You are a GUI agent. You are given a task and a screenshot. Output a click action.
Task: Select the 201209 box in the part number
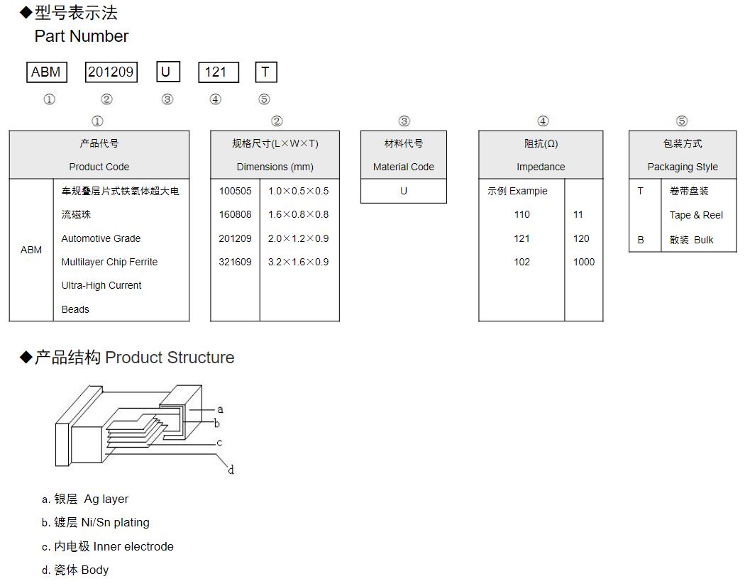click(x=111, y=72)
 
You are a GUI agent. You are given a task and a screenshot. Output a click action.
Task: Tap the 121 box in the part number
click(x=218, y=72)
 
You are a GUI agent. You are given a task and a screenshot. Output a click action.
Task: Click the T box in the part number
click(x=265, y=72)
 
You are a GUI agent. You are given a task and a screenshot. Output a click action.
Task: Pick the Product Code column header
click(x=99, y=167)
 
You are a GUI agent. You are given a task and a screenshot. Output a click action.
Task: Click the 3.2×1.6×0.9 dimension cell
click(x=298, y=262)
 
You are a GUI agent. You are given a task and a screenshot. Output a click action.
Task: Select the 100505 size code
click(x=235, y=191)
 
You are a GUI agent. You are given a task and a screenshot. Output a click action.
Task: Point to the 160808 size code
click(x=235, y=214)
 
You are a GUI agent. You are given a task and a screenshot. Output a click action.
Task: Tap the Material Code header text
click(x=403, y=167)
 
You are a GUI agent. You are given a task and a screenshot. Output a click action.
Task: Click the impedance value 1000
click(x=583, y=262)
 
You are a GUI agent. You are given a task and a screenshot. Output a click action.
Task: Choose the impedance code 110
click(x=522, y=214)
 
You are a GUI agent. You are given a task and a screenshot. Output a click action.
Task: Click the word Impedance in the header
click(x=541, y=167)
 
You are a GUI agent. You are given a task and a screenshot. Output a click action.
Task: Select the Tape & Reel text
click(x=695, y=215)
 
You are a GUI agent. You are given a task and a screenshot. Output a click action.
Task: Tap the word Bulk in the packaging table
click(x=703, y=240)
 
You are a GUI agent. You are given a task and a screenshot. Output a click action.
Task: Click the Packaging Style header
click(x=682, y=167)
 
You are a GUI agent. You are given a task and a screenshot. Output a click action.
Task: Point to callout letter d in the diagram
click(x=231, y=470)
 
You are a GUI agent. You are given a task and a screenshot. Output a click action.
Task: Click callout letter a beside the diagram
click(x=220, y=409)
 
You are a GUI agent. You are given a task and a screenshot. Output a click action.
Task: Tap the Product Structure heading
click(x=170, y=358)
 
